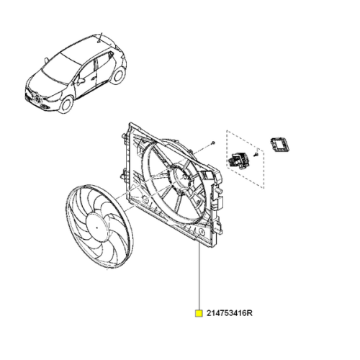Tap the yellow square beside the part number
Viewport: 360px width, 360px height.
199,314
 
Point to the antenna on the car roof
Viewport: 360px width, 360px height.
103,35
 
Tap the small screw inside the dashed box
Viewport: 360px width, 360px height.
256,156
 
